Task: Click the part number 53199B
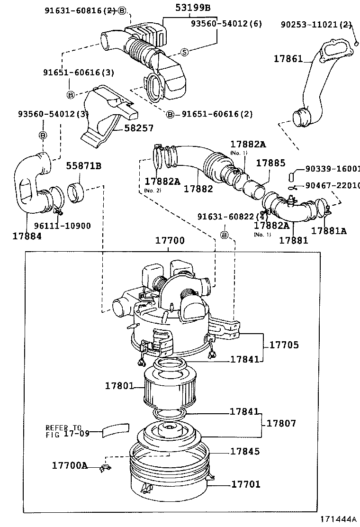point(193,8)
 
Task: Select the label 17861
point(288,59)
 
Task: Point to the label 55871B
point(83,166)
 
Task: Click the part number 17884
point(27,235)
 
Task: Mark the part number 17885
point(270,163)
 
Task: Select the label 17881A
point(329,231)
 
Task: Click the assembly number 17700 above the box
point(170,241)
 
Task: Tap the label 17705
point(284,345)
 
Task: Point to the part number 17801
point(119,387)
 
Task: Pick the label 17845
point(245,452)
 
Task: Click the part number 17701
point(245,484)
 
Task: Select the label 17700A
point(70,465)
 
